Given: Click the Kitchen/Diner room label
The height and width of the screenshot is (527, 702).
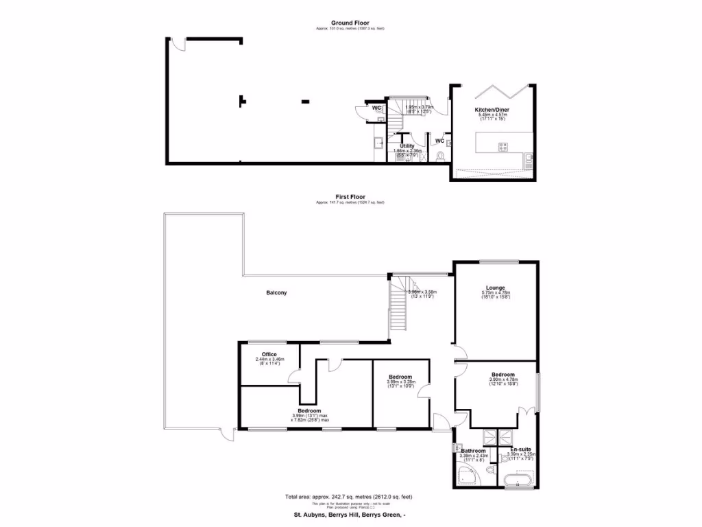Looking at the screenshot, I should click(x=492, y=110).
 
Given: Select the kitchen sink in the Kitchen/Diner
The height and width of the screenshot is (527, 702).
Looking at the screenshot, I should click(x=527, y=161).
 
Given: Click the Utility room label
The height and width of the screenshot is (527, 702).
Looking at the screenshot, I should click(x=407, y=146).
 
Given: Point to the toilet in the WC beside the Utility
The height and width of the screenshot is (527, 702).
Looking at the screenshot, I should click(x=439, y=156).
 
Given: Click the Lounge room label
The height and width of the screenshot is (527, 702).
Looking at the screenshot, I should click(x=496, y=288).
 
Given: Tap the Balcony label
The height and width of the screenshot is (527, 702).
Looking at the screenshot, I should click(x=276, y=293).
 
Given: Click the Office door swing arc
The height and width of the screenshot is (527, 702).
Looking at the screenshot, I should click(x=294, y=375).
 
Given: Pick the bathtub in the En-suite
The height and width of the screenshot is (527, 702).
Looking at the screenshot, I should click(x=517, y=478).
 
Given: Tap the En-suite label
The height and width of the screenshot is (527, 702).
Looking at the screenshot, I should click(x=521, y=448).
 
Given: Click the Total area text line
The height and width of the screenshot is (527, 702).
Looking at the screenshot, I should click(x=349, y=497).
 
